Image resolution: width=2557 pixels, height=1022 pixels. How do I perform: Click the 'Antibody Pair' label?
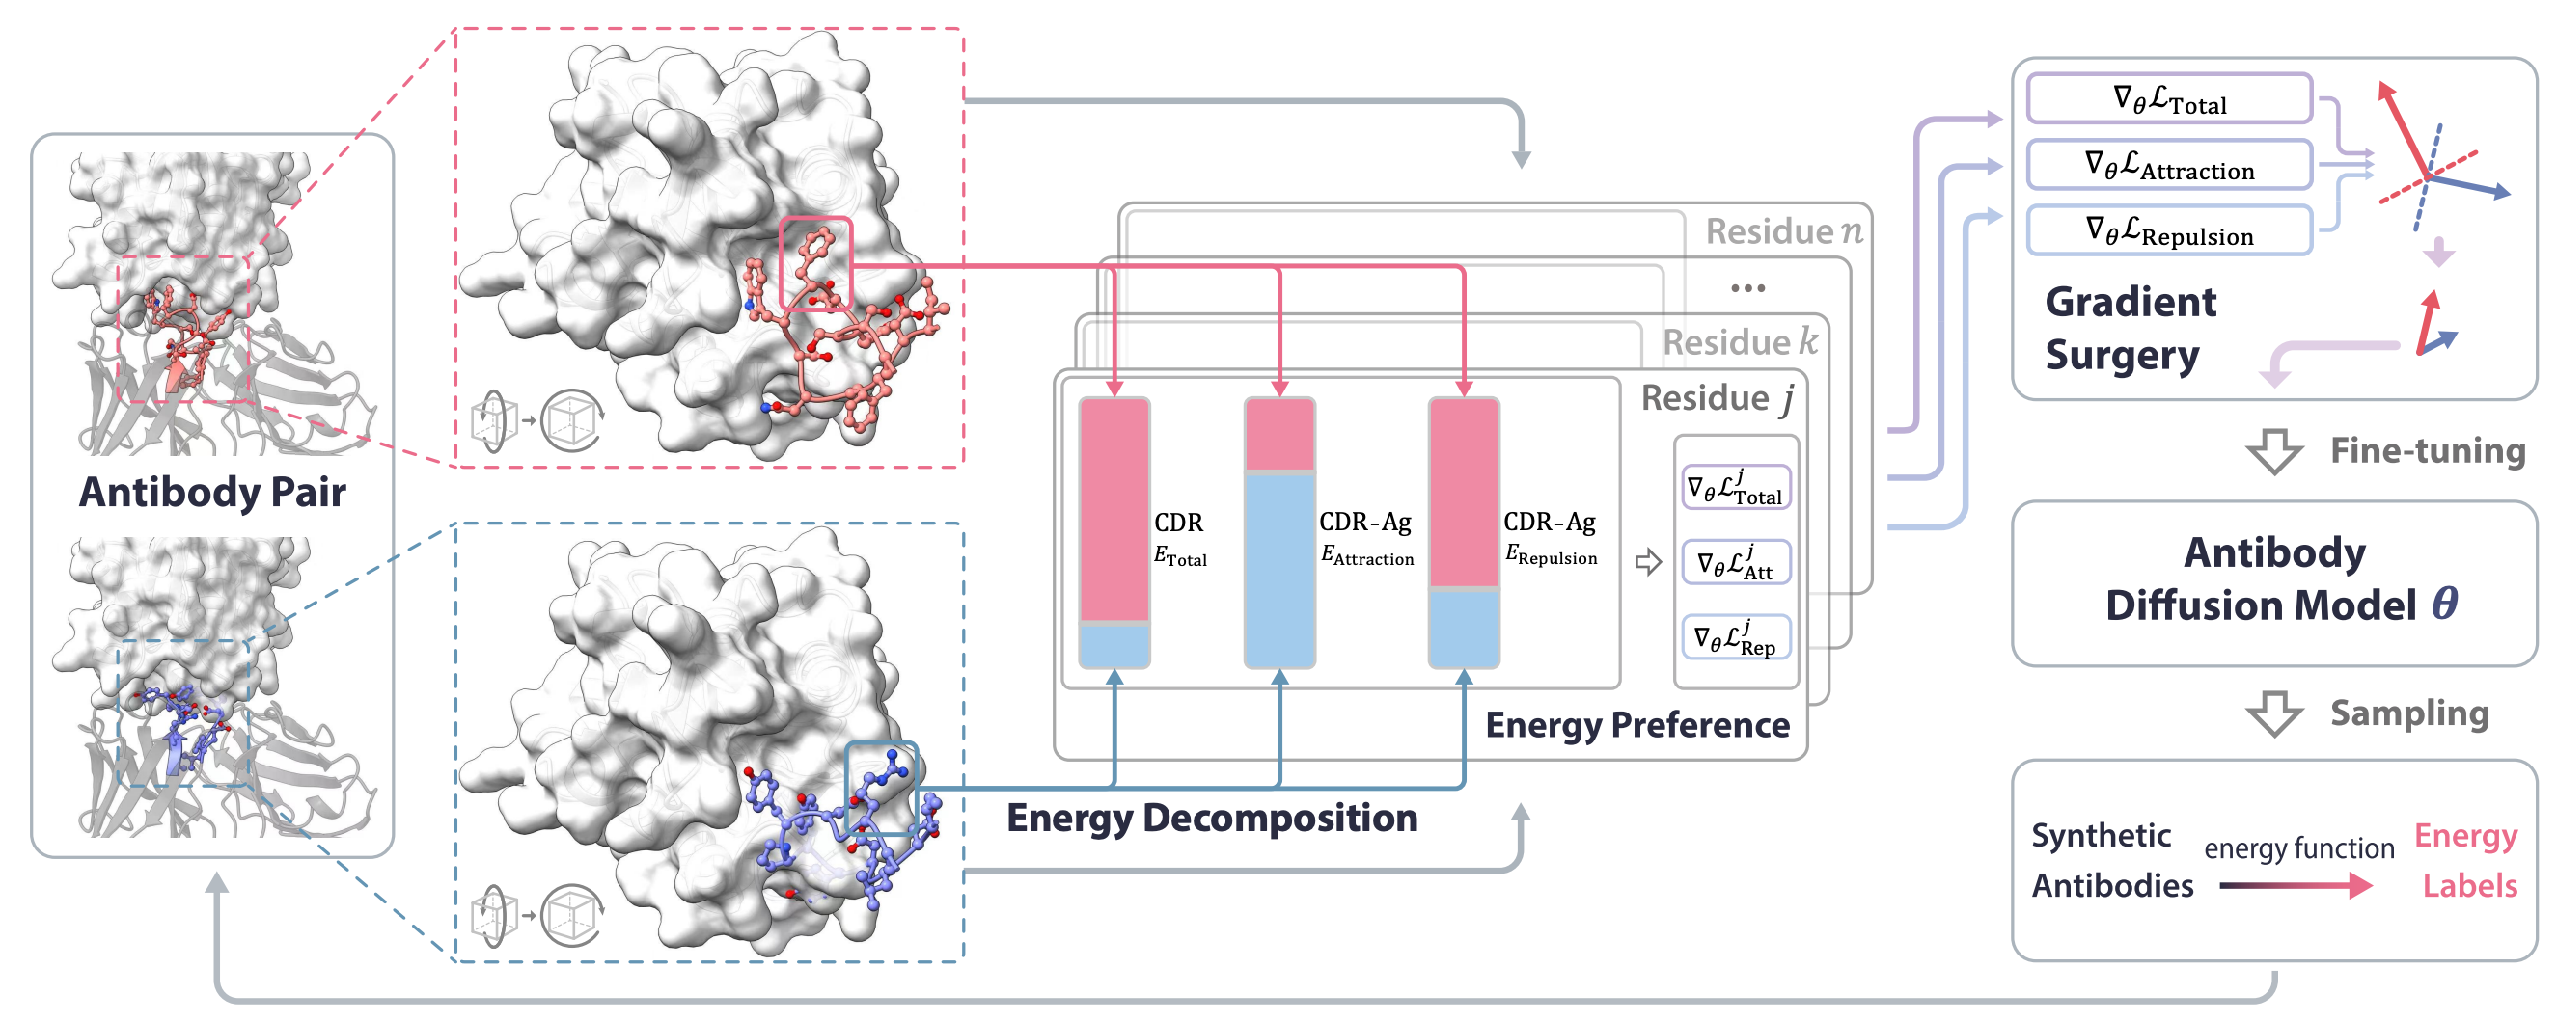point(212,492)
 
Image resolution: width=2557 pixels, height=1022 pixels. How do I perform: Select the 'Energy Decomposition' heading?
point(1211,819)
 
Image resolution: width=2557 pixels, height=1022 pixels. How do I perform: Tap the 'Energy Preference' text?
point(1636,725)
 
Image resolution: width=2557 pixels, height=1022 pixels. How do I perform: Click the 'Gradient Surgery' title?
point(2131,329)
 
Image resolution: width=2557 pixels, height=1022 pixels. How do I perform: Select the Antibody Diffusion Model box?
point(2273,582)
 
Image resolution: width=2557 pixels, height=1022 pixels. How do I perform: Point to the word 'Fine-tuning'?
point(2427,451)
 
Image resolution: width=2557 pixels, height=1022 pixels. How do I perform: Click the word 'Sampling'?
point(2409,713)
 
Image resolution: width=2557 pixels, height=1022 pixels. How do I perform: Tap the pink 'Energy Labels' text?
point(2467,860)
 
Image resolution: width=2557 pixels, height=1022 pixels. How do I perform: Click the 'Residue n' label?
point(1783,231)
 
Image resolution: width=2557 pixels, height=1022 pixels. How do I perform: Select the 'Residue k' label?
point(1739,342)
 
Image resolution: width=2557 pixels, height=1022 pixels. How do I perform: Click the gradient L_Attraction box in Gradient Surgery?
point(2169,166)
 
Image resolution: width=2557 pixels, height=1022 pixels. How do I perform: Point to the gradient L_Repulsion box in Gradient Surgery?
point(2169,231)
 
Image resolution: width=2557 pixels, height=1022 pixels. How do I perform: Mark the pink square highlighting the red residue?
point(815,265)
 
